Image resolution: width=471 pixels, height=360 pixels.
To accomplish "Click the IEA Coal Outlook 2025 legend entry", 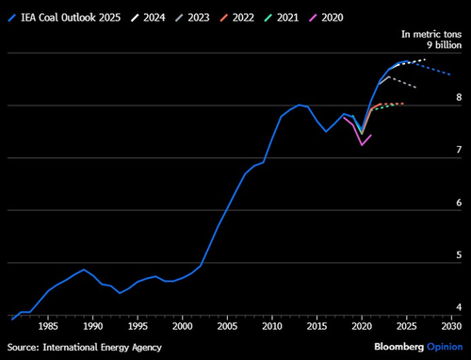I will [x=70, y=15].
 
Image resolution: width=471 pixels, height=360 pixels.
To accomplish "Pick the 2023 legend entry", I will [x=222, y=15].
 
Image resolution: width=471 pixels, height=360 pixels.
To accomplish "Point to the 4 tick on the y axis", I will [x=458, y=308].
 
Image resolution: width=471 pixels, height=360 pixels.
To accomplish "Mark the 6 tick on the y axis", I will [x=458, y=203].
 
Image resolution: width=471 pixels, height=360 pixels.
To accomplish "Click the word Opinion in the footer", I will [x=444, y=347].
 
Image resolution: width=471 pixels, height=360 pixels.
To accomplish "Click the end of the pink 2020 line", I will [x=371, y=135].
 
